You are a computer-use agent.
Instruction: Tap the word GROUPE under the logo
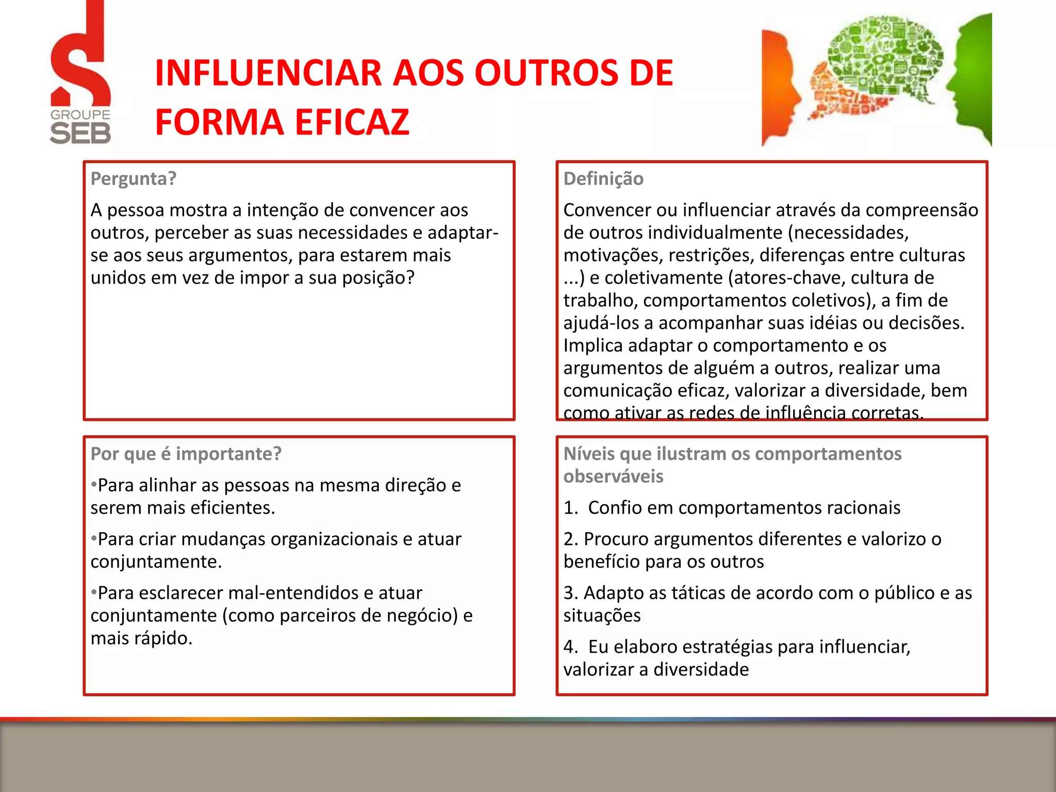[80, 114]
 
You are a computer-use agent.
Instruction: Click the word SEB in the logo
[80, 134]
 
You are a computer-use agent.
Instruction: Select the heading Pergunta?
[134, 178]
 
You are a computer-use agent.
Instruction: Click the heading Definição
[603, 178]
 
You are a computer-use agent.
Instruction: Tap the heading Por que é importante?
[186, 454]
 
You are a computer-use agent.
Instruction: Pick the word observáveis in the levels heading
[613, 476]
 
